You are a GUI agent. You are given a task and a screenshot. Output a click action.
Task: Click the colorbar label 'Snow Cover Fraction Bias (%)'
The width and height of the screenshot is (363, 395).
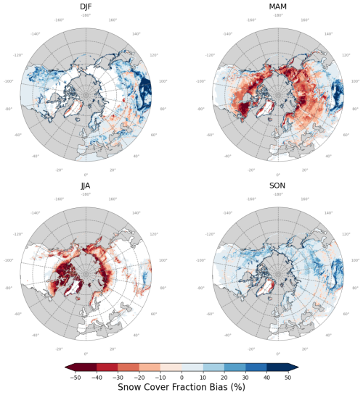point(181,387)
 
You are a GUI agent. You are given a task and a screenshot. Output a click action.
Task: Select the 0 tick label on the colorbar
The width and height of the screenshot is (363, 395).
point(181,377)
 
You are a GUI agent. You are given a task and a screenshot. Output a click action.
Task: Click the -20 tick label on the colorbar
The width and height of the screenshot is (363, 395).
point(139,377)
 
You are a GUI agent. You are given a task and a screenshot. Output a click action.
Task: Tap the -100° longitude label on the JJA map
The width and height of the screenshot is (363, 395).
point(10,260)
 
